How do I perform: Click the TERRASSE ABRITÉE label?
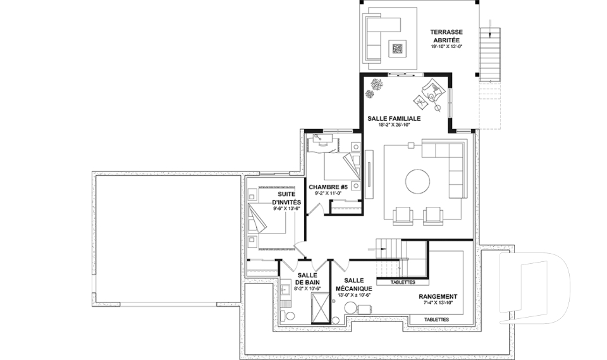(x=446, y=35)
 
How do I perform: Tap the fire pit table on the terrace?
(x=398, y=47)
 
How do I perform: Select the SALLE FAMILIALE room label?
(x=394, y=118)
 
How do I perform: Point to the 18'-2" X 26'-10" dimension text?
(x=394, y=125)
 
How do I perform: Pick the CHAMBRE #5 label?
(x=328, y=187)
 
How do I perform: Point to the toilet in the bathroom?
(x=290, y=316)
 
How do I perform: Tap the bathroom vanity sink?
(x=286, y=290)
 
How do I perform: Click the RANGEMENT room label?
(x=438, y=296)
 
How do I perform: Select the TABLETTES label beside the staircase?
(x=403, y=282)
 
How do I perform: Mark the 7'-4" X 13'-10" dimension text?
(x=438, y=303)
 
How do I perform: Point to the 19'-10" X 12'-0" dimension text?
(x=446, y=47)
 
